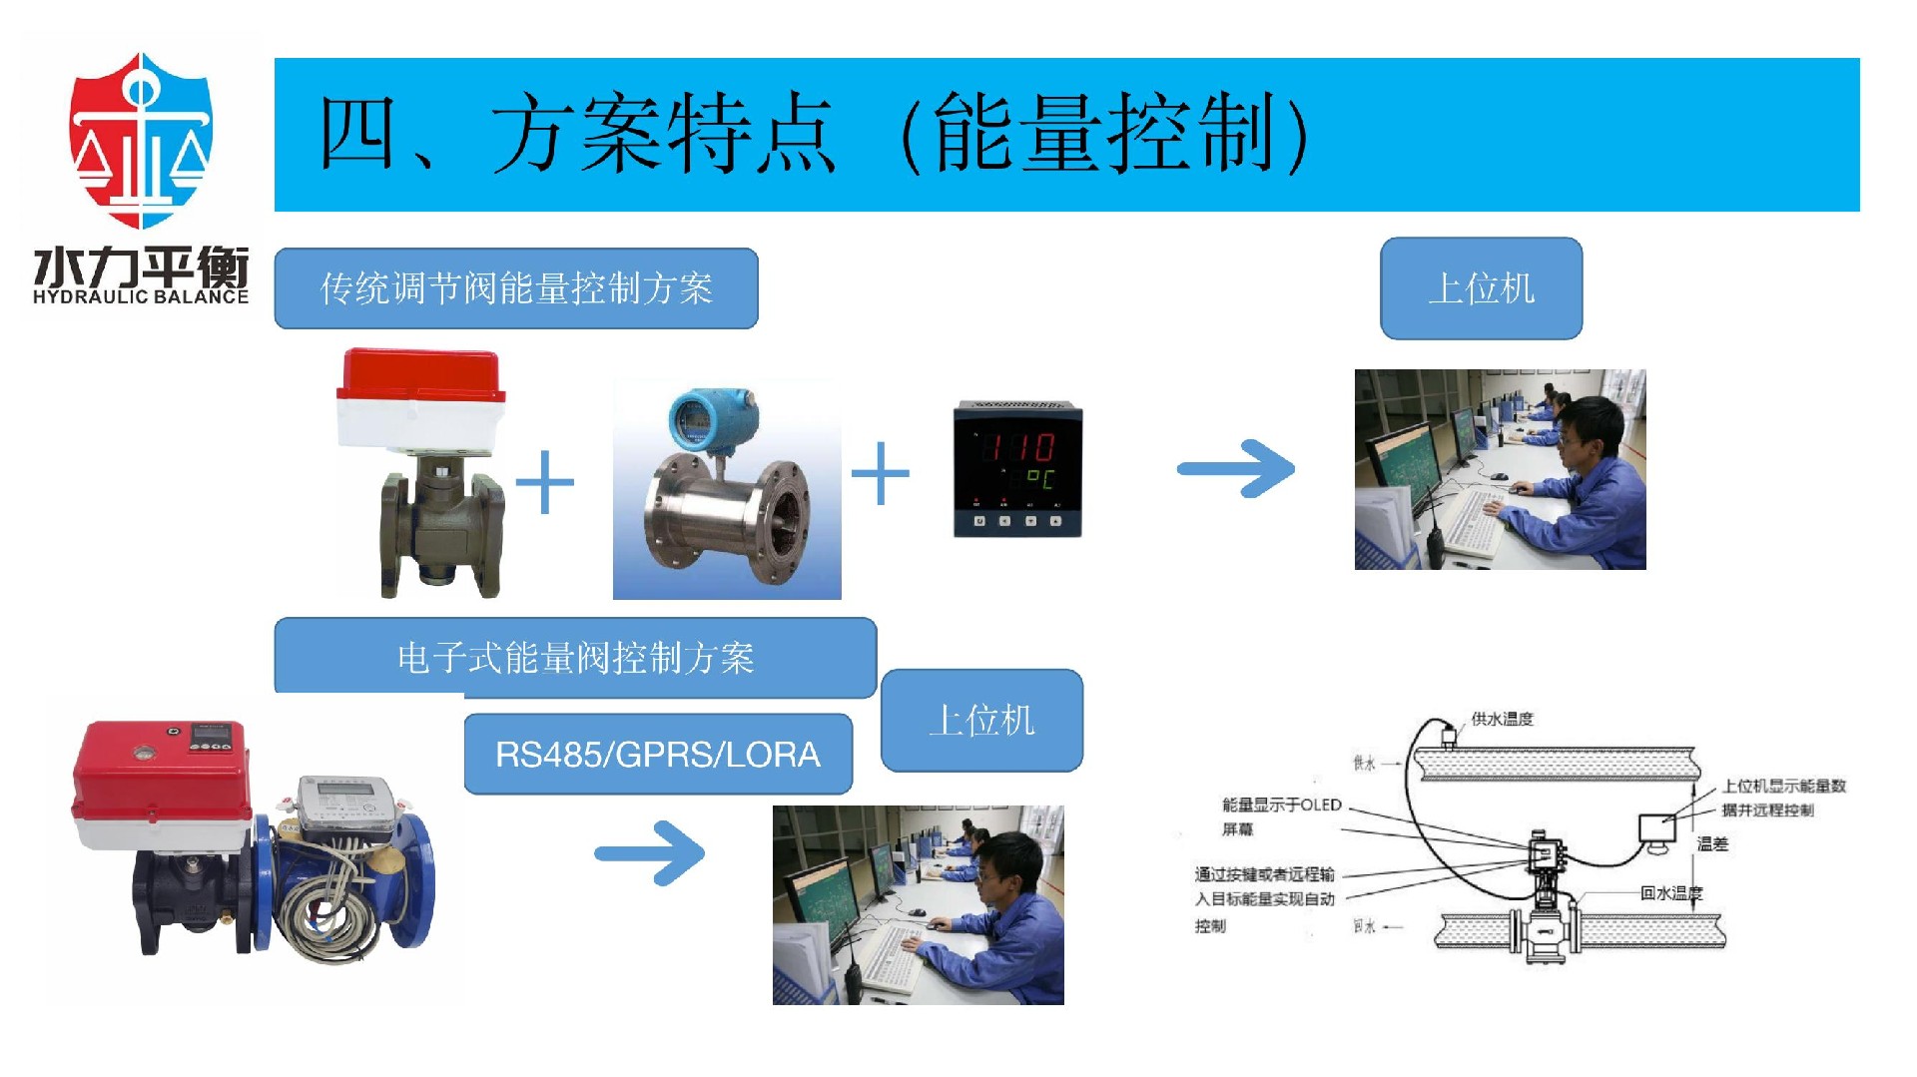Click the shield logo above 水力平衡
pos(141,140)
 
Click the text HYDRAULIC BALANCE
pos(140,296)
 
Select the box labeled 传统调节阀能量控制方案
pos(515,288)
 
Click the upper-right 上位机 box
pos(1481,288)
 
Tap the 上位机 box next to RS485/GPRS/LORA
pos(981,720)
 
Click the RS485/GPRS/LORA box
pos(657,755)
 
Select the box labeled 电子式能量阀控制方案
pos(575,658)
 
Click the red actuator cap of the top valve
pos(419,373)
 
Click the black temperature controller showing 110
pos(1017,469)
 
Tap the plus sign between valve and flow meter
pos(544,482)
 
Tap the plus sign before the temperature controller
pos(880,473)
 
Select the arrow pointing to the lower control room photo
pos(650,852)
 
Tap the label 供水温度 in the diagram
pos(1502,719)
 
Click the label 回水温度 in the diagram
pos(1671,893)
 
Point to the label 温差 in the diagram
pos(1711,844)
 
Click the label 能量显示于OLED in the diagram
pos(1281,805)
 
